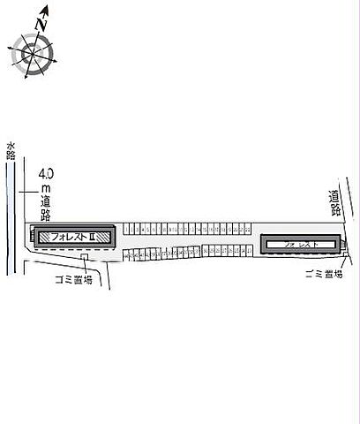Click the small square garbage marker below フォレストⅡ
coord(85,257)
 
